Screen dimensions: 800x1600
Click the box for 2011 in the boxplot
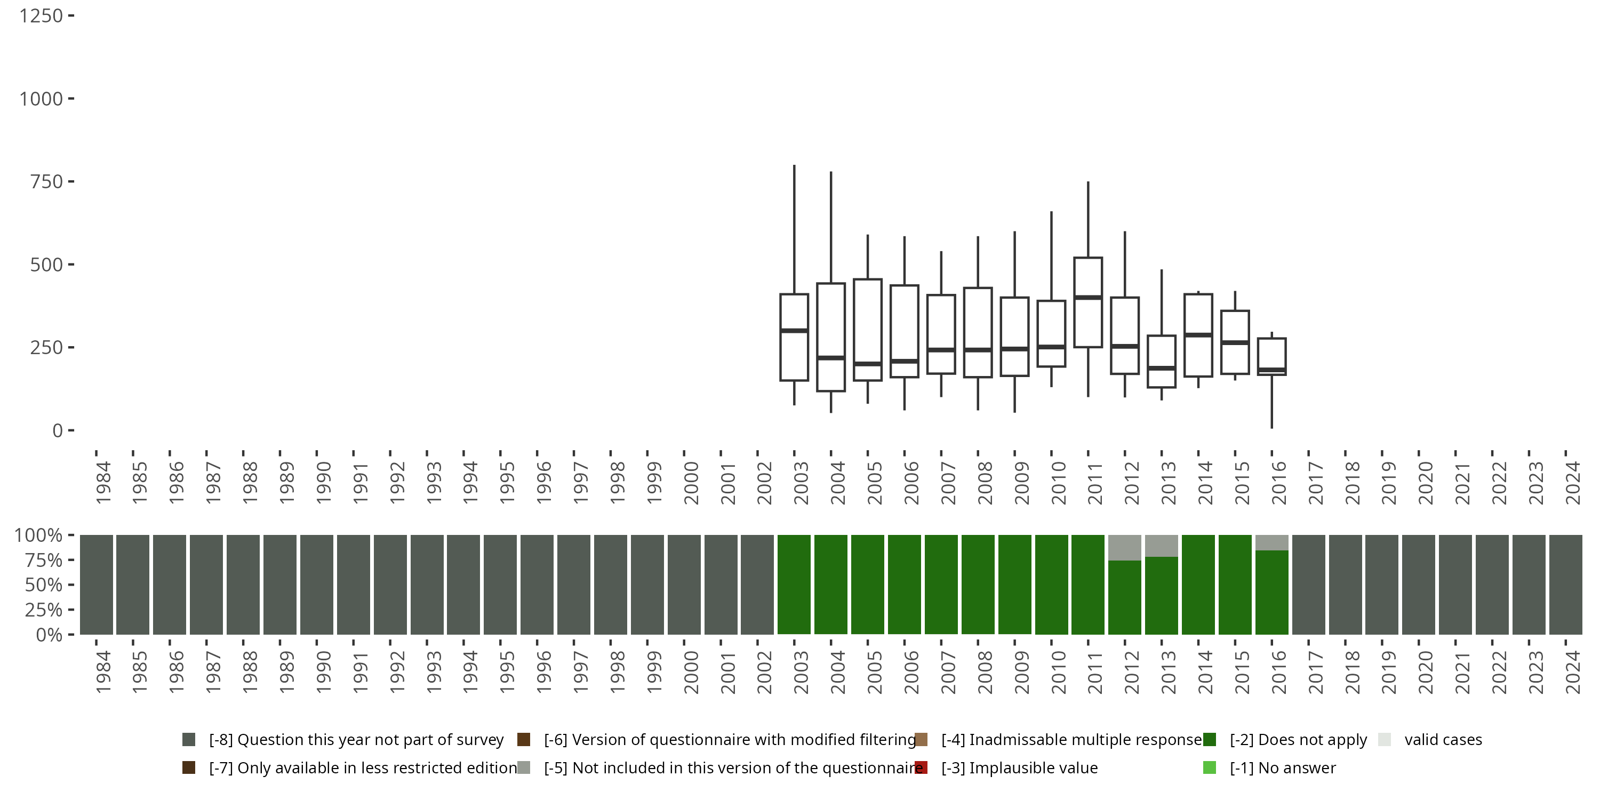point(1087,302)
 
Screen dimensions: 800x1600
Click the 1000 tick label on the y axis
point(41,99)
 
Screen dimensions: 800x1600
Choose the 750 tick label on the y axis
point(46,182)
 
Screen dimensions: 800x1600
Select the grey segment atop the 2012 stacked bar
point(1124,547)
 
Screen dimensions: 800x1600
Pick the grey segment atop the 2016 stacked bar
point(1271,542)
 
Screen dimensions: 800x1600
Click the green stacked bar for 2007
point(941,585)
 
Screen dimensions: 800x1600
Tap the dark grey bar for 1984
point(97,585)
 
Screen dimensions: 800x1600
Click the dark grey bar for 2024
point(1565,585)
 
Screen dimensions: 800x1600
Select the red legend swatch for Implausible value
point(921,767)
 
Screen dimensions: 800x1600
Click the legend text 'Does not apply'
point(1298,740)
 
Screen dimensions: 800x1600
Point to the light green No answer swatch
point(1209,767)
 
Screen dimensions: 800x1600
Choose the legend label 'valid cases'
point(1443,740)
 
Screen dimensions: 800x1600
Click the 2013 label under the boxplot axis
point(1167,483)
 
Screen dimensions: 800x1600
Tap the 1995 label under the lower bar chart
point(507,672)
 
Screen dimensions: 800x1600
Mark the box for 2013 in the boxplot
point(1162,362)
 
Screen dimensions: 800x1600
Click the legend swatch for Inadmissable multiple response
point(921,740)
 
